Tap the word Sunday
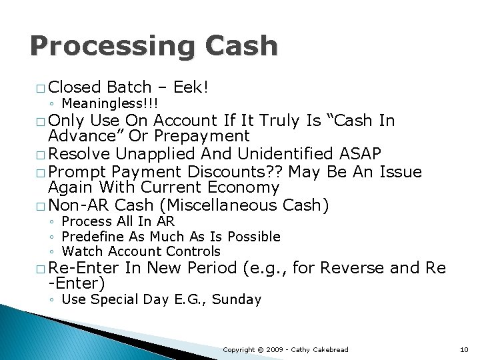coord(238,299)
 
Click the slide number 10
coord(464,349)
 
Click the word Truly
coord(284,120)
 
